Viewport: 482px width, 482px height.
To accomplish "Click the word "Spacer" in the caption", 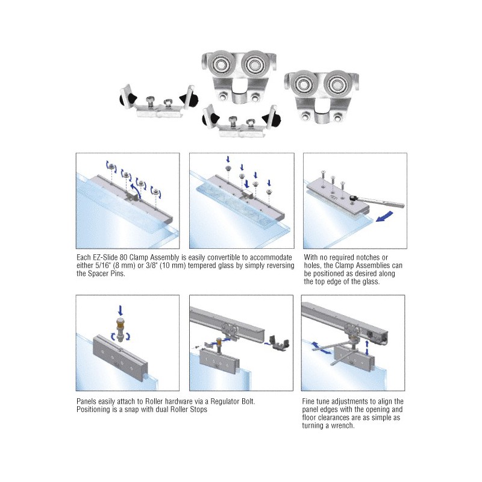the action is click(99, 274).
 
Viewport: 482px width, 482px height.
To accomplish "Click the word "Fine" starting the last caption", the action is click(309, 401).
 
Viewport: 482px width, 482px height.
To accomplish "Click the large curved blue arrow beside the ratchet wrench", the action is click(384, 216).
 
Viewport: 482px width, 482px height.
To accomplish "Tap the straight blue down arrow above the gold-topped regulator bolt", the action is click(120, 310).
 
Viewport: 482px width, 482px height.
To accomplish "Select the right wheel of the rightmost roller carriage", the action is click(337, 83).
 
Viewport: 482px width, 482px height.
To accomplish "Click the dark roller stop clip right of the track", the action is click(278, 343).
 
